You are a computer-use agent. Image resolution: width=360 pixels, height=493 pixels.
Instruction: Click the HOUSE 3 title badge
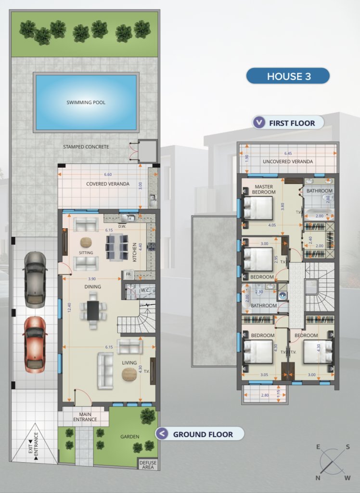point(288,76)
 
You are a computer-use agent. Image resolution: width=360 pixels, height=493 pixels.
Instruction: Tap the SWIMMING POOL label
point(86,103)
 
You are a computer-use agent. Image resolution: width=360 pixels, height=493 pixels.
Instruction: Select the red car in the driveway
point(35,344)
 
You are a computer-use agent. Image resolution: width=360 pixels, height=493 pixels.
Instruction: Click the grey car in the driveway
point(35,280)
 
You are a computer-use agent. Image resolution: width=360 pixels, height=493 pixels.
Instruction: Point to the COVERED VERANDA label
point(107,184)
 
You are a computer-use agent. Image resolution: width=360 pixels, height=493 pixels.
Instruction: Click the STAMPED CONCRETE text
point(86,147)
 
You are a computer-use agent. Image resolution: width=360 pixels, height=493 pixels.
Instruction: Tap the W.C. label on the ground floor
point(145,290)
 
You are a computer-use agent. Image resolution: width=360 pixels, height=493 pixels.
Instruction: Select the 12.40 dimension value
point(69,307)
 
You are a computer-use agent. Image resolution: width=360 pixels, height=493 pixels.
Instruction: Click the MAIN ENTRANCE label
point(85,417)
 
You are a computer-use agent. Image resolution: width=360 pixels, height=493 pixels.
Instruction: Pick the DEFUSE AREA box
point(148,465)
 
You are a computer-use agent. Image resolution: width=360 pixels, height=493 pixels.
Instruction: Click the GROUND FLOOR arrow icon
point(162,434)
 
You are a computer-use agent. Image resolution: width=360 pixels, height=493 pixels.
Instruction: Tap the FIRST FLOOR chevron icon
point(259,122)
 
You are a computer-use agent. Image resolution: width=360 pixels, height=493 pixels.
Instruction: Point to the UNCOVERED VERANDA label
point(288,162)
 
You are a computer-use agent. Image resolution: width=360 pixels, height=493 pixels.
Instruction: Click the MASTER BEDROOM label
point(264,189)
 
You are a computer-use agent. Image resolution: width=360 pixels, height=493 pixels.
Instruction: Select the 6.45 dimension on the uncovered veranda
point(288,154)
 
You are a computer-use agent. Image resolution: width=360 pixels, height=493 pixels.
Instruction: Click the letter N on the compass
point(318,478)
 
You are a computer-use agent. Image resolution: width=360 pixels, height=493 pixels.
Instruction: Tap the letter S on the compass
point(348,447)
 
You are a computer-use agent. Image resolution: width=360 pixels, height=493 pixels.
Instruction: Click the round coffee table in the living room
point(129,374)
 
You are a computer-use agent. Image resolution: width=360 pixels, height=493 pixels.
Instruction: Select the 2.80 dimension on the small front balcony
point(265,395)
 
